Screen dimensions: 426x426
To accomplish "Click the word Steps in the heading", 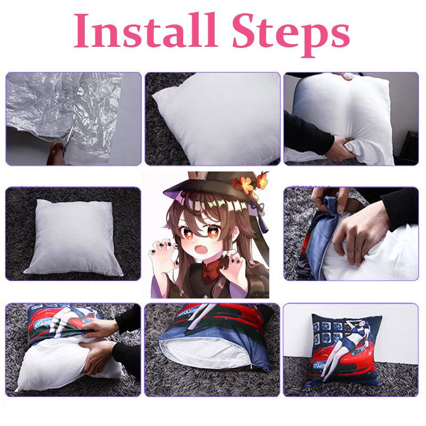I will point(290,31).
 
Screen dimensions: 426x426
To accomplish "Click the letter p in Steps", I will point(314,36).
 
